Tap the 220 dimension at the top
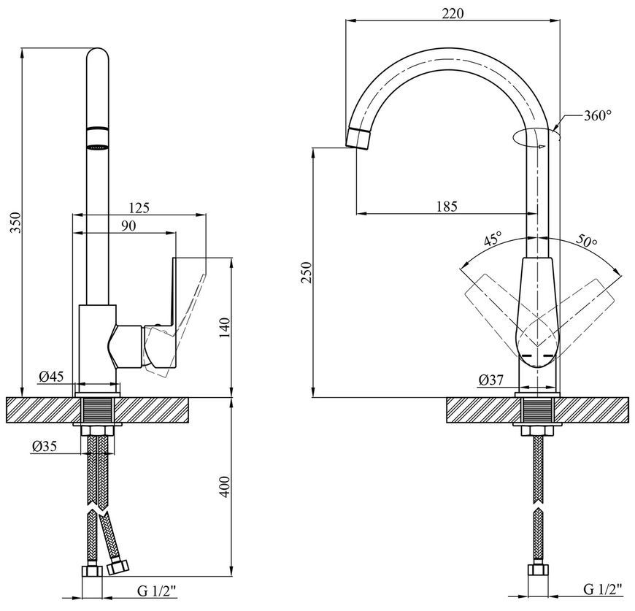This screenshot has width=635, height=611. click(453, 14)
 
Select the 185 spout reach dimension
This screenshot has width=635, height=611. click(447, 207)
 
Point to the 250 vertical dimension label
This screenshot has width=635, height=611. click(307, 272)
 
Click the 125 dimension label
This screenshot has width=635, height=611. click(139, 207)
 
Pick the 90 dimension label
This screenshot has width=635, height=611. click(128, 226)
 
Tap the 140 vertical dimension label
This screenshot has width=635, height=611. click(225, 328)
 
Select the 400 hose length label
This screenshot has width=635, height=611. click(225, 487)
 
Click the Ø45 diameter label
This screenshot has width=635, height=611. click(51, 377)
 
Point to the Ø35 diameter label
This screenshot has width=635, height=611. click(45, 446)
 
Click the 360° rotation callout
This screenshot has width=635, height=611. click(597, 116)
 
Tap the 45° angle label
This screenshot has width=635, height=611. click(493, 239)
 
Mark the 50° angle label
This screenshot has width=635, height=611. click(586, 240)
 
